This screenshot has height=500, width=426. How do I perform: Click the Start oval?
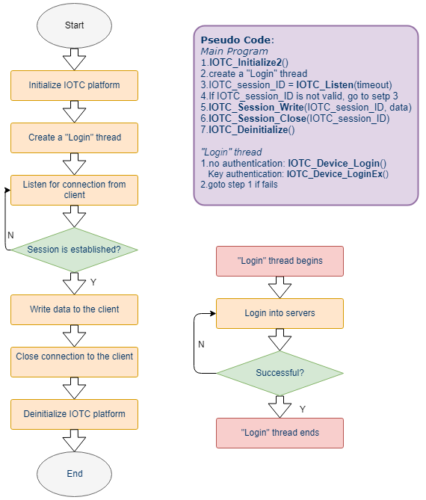click(74, 25)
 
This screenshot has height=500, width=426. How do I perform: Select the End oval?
click(74, 474)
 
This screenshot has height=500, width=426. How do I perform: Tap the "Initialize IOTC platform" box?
click(74, 85)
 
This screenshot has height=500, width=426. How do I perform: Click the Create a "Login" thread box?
click(74, 138)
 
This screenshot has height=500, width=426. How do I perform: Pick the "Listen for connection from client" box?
click(74, 190)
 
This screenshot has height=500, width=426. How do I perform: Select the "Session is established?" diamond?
click(74, 250)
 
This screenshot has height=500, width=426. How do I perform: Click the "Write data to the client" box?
click(74, 309)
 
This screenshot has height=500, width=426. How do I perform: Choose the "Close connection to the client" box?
click(74, 362)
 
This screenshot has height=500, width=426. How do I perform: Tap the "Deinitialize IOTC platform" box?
click(74, 414)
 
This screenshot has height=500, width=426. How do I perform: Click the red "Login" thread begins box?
click(280, 261)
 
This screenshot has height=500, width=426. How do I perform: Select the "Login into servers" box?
click(280, 313)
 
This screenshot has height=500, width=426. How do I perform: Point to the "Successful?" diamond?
click(280, 373)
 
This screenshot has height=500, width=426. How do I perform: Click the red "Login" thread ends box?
click(280, 433)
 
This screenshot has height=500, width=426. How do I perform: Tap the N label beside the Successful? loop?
click(201, 345)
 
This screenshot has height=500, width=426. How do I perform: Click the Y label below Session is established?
click(93, 283)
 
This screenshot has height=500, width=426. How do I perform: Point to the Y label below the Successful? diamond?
click(303, 409)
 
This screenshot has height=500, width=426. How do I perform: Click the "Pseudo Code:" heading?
click(237, 40)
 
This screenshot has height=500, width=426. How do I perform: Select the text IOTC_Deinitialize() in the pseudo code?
click(252, 130)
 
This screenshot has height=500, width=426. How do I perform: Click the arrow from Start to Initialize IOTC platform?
click(74, 59)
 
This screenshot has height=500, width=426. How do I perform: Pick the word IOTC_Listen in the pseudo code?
click(325, 84)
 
